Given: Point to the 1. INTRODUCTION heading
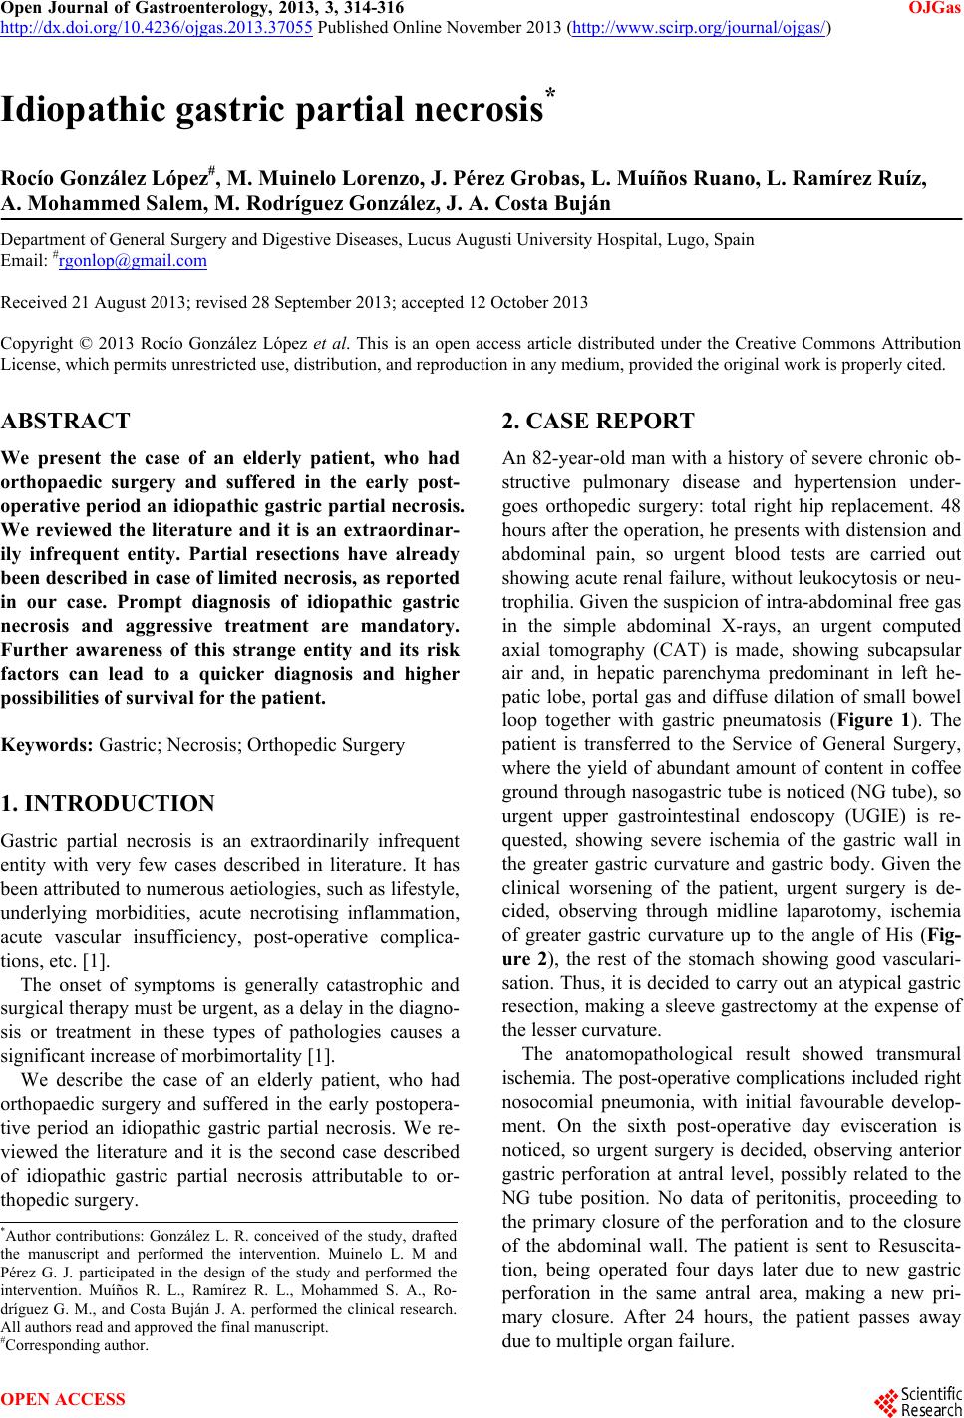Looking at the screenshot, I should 108,803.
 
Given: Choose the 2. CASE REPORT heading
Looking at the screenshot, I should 598,421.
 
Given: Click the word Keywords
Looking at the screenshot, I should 49,744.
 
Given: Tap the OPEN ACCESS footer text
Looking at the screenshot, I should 63,1399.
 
